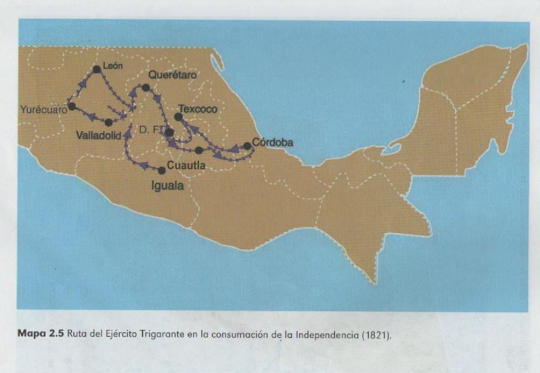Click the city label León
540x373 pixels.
[x=113, y=66]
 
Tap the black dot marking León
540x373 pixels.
[x=97, y=69]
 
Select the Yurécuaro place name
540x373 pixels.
[x=41, y=109]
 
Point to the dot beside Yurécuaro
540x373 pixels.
[x=72, y=106]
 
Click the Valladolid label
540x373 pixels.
[x=98, y=135]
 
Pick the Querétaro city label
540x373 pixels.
[x=173, y=75]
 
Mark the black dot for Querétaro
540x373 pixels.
[x=146, y=87]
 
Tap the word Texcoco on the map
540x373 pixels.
[x=198, y=109]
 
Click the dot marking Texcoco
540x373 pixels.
[x=178, y=117]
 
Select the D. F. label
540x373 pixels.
[x=150, y=131]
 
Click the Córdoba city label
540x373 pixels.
[x=273, y=142]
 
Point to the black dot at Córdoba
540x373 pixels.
[x=247, y=146]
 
